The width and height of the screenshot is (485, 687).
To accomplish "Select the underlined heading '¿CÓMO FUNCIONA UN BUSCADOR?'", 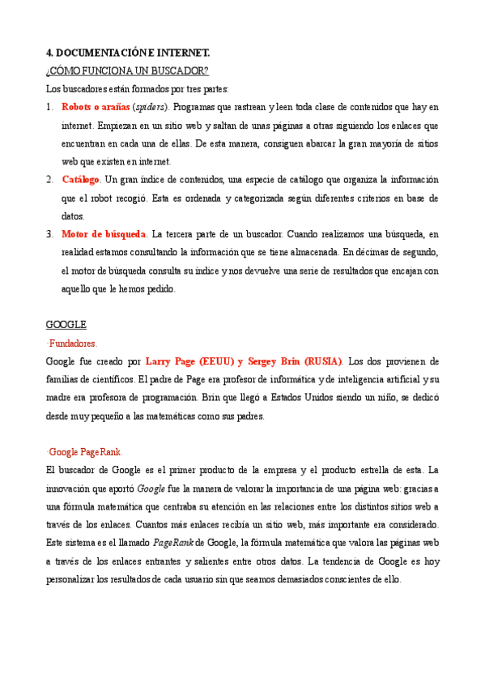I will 127,70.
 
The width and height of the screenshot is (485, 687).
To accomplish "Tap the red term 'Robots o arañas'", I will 95,108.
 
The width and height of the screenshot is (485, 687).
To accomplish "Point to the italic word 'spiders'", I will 150,108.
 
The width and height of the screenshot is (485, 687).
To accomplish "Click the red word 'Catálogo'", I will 81,180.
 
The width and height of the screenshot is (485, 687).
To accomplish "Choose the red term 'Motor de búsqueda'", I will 104,234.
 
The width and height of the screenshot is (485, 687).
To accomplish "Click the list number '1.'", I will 50,108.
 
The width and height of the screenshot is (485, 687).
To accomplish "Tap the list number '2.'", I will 50,180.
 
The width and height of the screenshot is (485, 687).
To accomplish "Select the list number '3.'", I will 50,234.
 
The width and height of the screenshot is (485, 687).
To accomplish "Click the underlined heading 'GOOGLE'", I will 66,325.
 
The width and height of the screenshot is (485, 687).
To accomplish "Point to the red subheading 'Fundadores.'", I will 73,343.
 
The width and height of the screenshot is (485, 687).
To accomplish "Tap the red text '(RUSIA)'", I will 322,361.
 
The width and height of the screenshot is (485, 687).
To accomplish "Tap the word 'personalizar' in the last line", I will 75,579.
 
